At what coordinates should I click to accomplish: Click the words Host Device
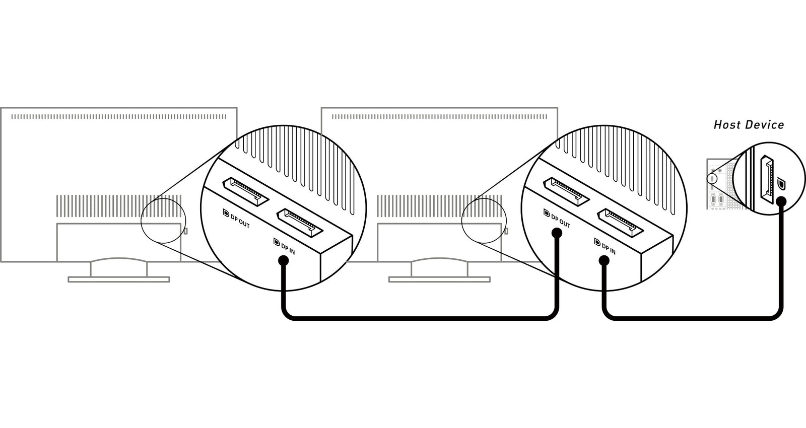tap(749, 125)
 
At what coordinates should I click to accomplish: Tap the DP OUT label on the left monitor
tap(236, 219)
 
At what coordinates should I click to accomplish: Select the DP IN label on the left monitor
tap(284, 246)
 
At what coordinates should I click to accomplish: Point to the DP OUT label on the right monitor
tap(557, 219)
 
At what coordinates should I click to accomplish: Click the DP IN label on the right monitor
tap(605, 246)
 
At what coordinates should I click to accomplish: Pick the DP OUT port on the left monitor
tap(246, 192)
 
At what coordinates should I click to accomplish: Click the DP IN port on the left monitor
tap(300, 223)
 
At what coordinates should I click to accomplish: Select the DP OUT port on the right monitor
tap(566, 192)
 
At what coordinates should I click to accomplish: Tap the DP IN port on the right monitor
tap(620, 223)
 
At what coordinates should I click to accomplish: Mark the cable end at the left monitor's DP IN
tap(284, 261)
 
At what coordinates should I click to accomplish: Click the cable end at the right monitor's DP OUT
tap(557, 234)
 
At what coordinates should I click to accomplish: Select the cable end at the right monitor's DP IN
tap(604, 261)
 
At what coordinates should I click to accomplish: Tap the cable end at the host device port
tap(781, 201)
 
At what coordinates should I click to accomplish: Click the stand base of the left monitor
tap(119, 279)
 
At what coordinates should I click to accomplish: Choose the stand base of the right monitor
tap(439, 279)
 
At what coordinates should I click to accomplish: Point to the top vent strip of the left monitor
tap(119, 116)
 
